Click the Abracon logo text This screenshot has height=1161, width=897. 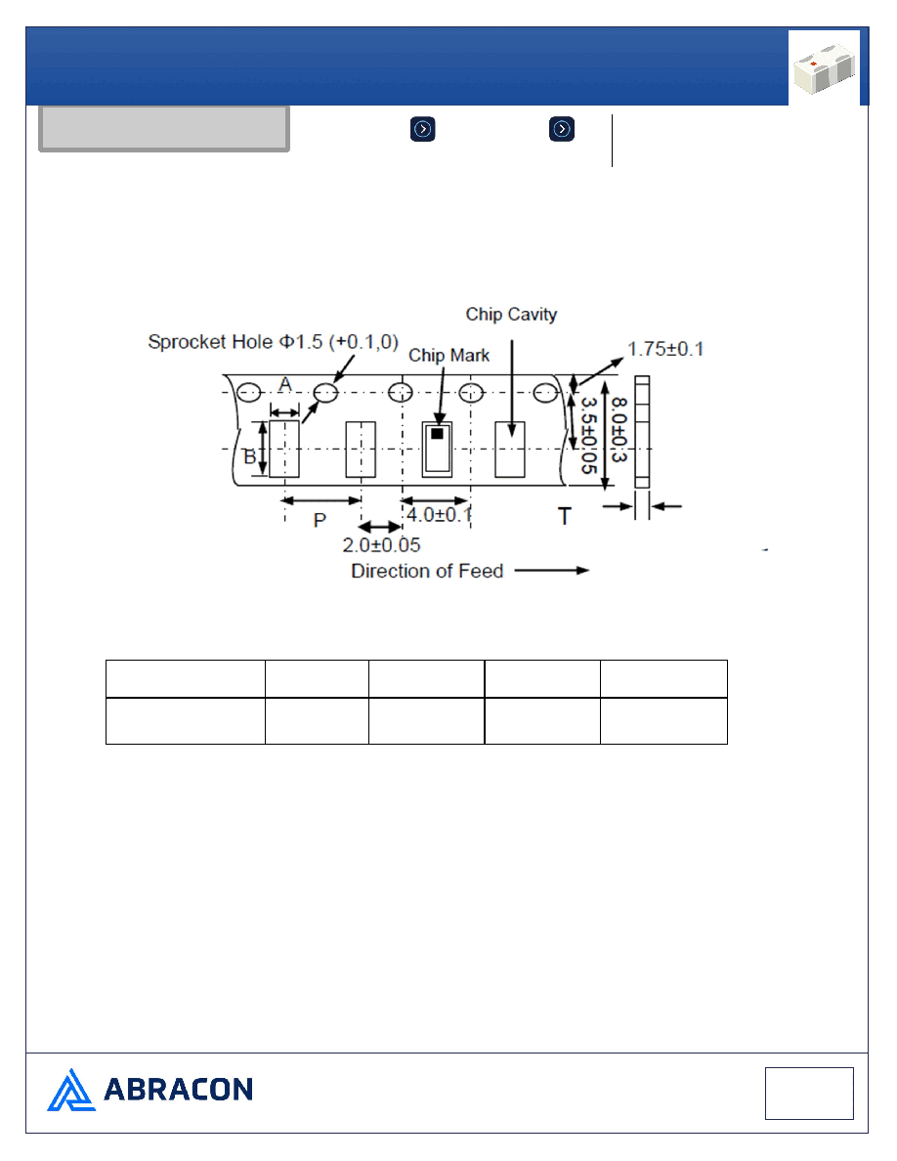[179, 1090]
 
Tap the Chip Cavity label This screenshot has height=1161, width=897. [511, 315]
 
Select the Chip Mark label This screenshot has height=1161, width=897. [449, 356]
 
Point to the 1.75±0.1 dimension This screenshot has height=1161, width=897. [665, 349]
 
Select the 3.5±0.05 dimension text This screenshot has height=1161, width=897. [589, 436]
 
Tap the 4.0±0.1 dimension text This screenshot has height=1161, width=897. [439, 514]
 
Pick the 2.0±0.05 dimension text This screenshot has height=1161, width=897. [381, 545]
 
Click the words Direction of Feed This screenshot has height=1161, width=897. [427, 571]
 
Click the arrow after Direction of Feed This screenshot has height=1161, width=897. [552, 570]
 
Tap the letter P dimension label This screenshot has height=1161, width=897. [320, 520]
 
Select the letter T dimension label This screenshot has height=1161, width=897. [565, 516]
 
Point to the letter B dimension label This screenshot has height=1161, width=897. [249, 456]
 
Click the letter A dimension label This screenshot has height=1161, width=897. [285, 384]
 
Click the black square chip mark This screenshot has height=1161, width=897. [438, 433]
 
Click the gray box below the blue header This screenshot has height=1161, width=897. [163, 129]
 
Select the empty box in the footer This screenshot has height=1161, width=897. [809, 1093]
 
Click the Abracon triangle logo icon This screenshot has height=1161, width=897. [71, 1090]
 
